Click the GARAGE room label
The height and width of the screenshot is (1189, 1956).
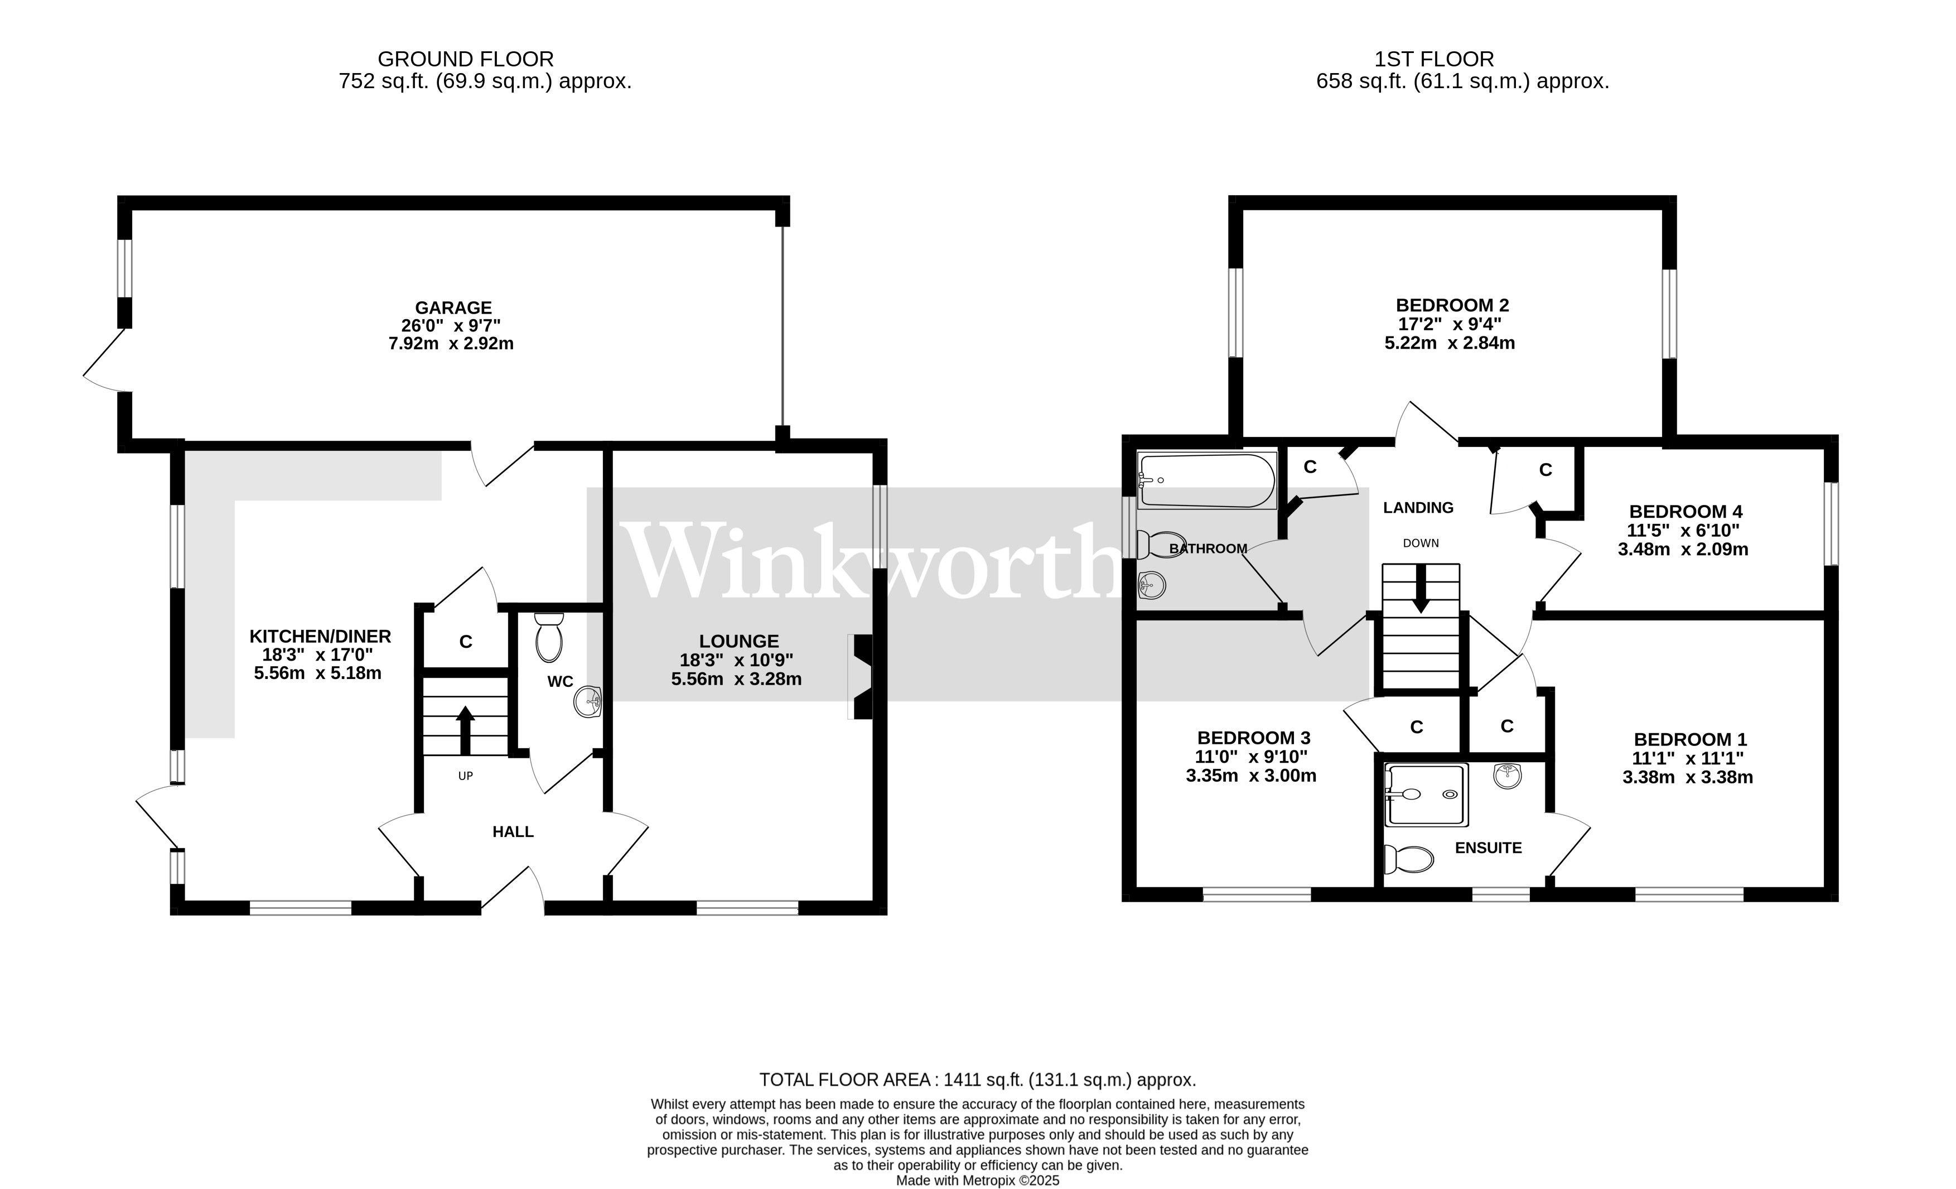click(453, 308)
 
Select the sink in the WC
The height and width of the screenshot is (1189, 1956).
click(588, 701)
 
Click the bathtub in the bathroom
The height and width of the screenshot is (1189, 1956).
click(1206, 480)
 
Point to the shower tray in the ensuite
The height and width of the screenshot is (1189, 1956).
click(1426, 795)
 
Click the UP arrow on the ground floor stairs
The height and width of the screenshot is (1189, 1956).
click(465, 729)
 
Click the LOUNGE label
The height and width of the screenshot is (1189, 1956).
click(739, 642)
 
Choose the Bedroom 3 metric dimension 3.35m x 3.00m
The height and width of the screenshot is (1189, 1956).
click(1251, 776)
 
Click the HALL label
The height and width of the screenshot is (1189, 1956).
click(513, 831)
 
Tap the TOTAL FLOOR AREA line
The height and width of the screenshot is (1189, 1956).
click(977, 1080)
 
